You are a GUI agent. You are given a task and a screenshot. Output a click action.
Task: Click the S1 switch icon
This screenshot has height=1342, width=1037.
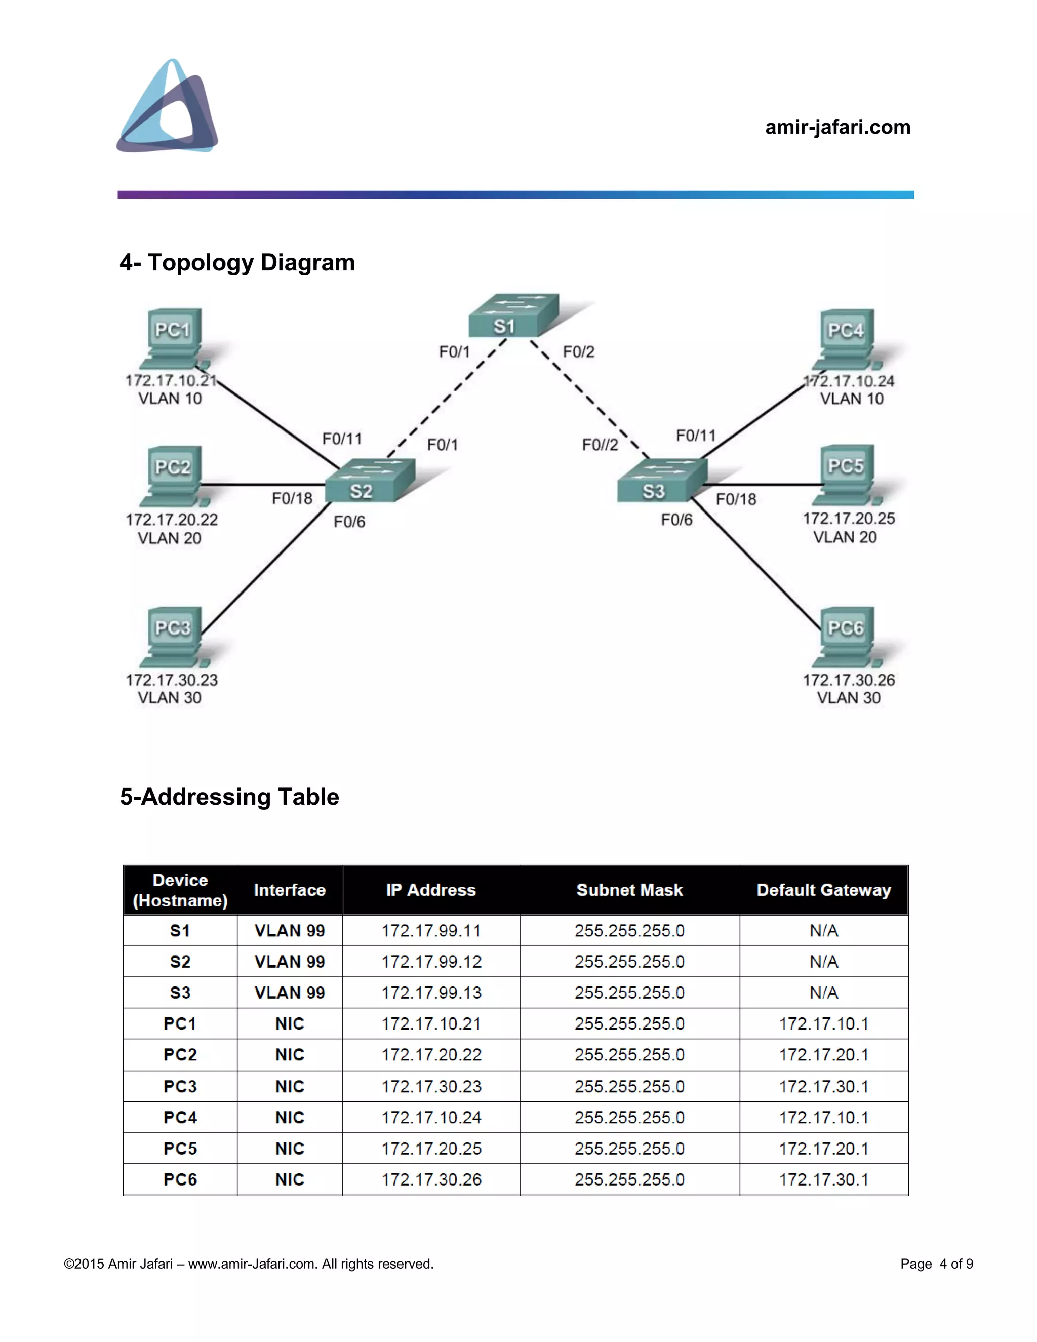coord(513,316)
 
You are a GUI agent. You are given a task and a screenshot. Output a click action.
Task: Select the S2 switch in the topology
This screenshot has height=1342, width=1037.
coord(370,481)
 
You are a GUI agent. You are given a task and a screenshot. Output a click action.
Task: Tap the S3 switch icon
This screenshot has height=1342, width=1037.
coord(662,481)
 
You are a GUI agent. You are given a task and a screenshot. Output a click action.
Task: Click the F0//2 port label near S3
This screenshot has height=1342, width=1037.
coord(600,444)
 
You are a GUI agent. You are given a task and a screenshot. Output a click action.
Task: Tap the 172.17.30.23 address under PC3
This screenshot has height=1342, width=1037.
coord(172,680)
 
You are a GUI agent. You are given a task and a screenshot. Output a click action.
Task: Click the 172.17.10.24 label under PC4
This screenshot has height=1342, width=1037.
coord(849,381)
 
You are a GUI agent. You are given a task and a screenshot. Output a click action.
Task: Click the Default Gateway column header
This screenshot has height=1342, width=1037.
coord(823,890)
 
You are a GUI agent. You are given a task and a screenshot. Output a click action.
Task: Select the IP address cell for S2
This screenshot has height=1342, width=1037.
coord(431,962)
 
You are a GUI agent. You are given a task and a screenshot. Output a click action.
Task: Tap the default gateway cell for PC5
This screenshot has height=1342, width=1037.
coord(823,1149)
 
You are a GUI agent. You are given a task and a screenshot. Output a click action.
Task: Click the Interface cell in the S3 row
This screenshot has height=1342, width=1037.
coord(289,993)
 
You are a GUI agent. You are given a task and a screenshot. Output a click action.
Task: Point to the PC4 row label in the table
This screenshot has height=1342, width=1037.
coord(180,1117)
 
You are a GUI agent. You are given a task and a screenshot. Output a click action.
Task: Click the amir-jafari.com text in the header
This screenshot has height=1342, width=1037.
coord(837,127)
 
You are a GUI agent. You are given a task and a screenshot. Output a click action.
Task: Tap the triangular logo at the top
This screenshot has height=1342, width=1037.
coord(168,106)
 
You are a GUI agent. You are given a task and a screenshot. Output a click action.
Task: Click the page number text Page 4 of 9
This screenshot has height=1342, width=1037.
coord(936,1264)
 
